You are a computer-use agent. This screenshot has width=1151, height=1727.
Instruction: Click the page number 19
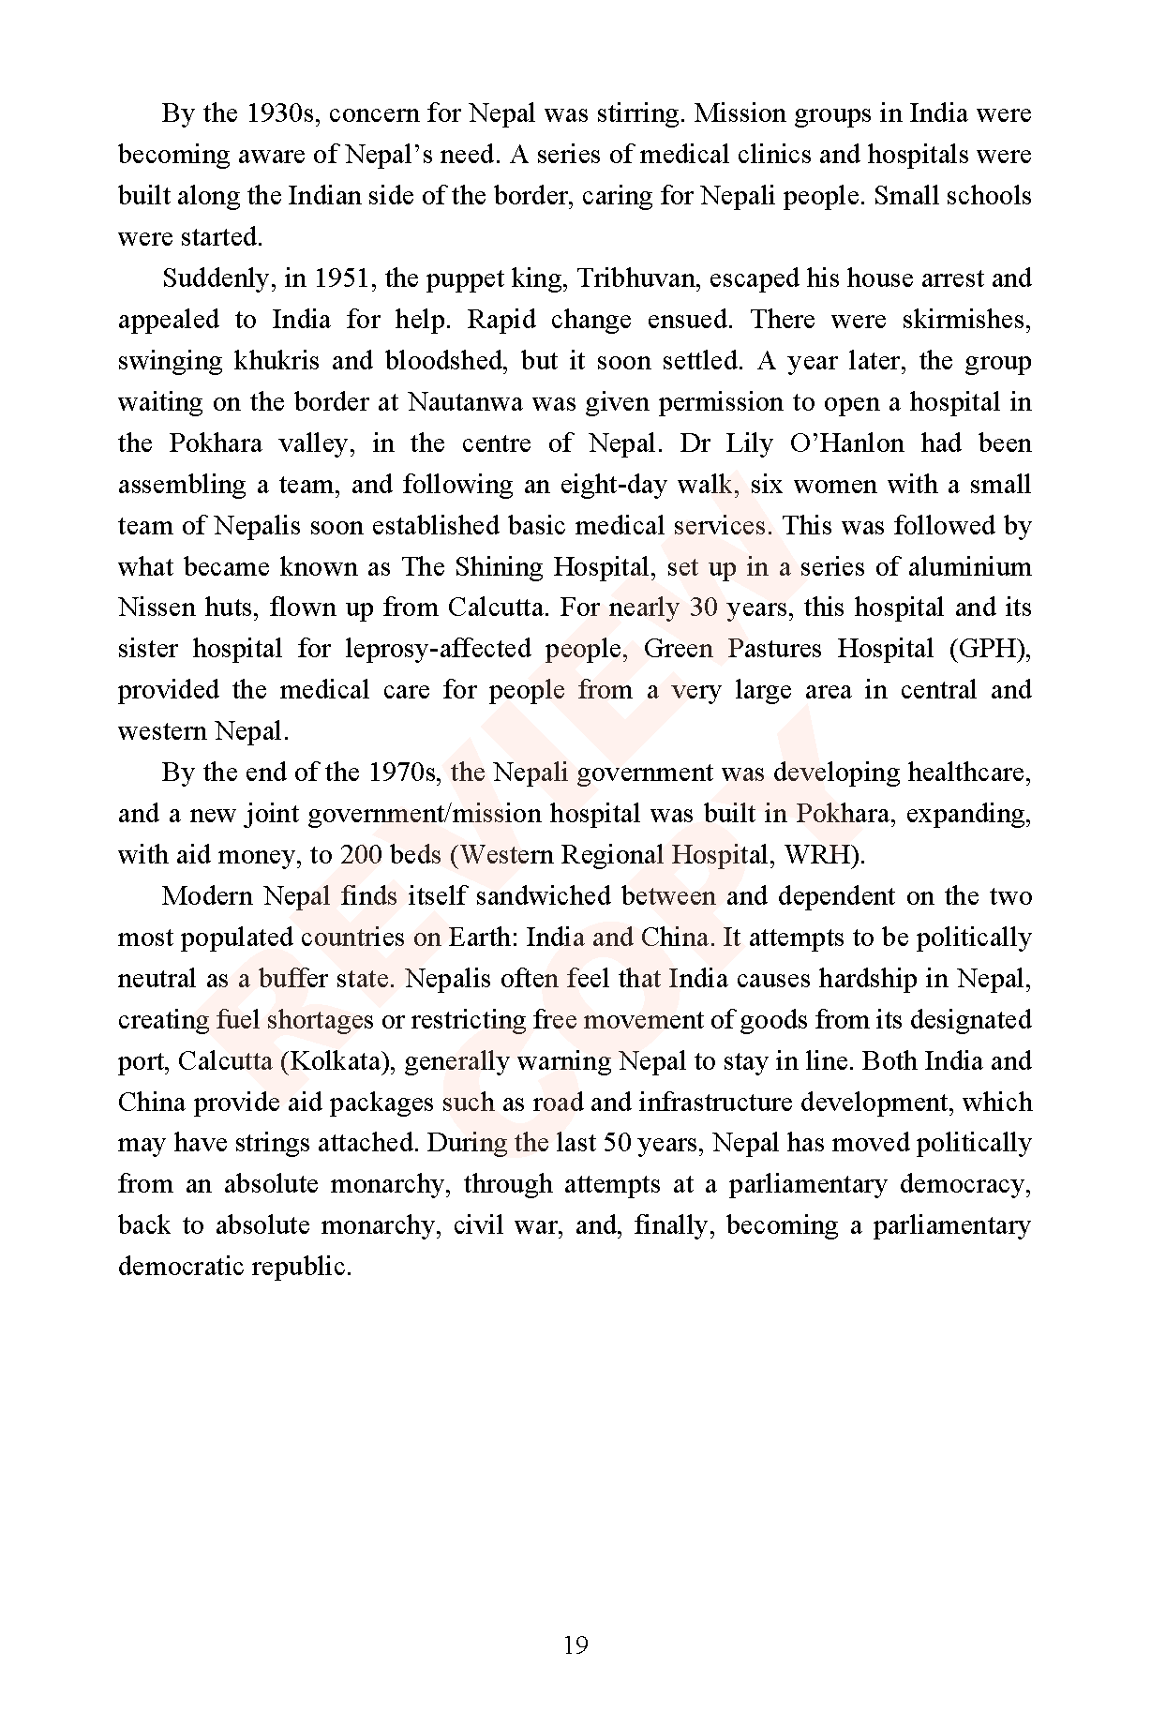(x=575, y=1645)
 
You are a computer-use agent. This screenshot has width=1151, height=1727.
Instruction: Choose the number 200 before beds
(x=361, y=855)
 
